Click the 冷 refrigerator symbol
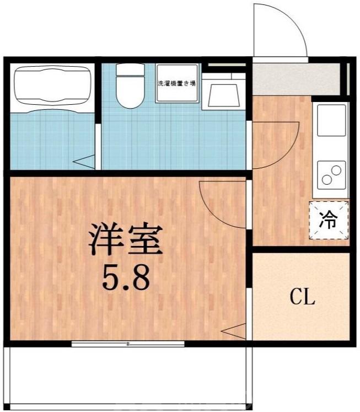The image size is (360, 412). [329, 221]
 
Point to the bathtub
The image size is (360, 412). [52, 85]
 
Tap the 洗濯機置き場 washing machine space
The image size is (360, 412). [176, 83]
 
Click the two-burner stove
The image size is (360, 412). [331, 174]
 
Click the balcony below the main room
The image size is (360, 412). [127, 378]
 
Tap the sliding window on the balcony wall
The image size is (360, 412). [127, 344]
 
